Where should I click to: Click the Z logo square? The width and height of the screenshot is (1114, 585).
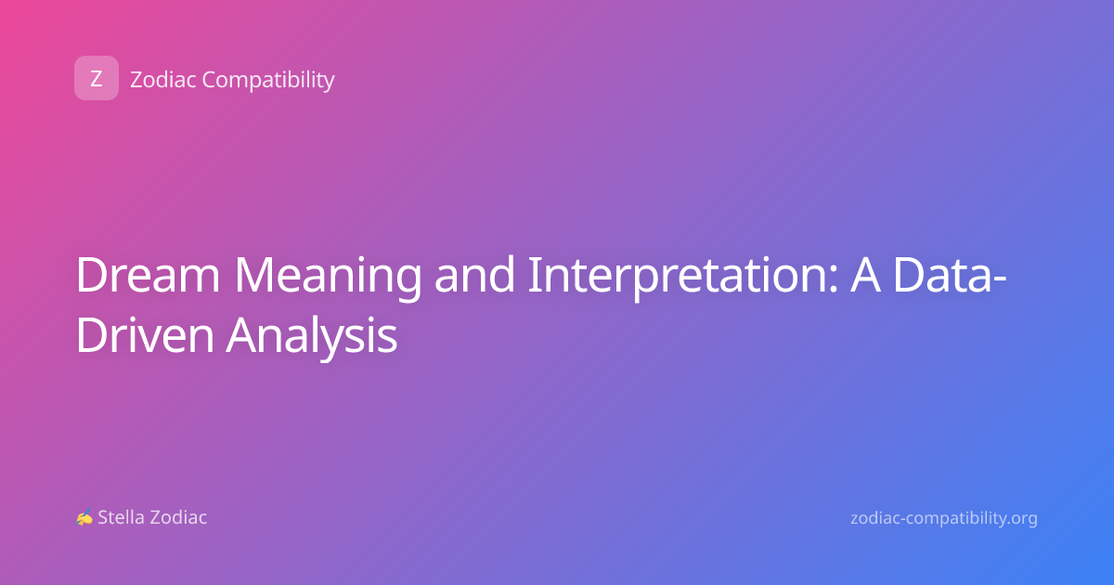point(97,78)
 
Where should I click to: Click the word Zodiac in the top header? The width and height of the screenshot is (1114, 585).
point(163,80)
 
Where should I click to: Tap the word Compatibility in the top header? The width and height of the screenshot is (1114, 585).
point(268,81)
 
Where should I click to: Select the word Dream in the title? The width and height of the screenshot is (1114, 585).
point(148,275)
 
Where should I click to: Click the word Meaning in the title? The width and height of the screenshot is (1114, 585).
point(328,279)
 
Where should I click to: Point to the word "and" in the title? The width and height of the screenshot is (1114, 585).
point(474,274)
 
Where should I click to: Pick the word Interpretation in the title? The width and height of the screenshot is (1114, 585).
point(683,278)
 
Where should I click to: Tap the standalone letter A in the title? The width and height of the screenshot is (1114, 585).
point(865,275)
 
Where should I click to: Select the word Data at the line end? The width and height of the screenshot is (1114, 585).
point(942,275)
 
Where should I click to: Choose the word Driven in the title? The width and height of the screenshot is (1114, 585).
point(145,334)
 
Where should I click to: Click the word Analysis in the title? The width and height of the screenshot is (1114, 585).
point(312,337)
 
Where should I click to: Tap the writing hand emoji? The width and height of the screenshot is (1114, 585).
point(84,517)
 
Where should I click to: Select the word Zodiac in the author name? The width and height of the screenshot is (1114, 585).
point(177,517)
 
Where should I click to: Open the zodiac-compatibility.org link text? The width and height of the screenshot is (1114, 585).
point(944,518)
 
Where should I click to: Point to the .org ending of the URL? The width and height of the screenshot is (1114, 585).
point(1020,519)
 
